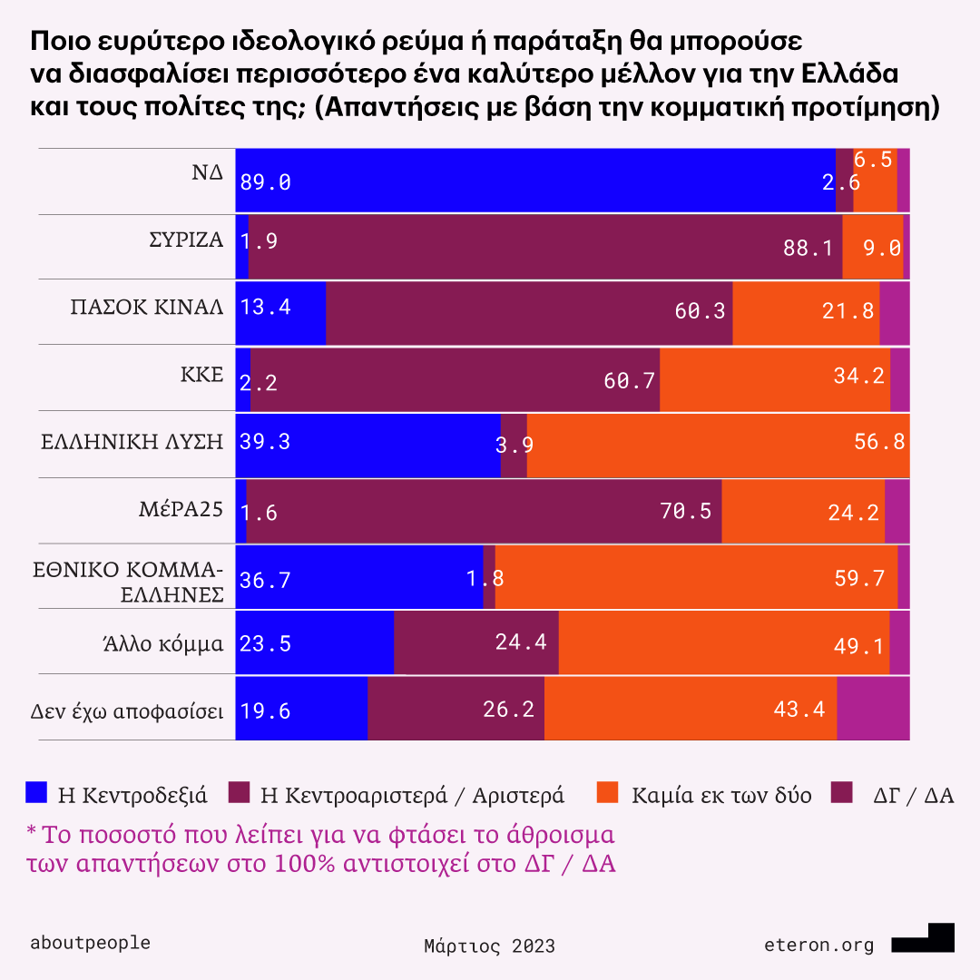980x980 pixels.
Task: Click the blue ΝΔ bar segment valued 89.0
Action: click(535, 181)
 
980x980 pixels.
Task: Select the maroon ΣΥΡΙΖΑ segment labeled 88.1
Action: click(544, 247)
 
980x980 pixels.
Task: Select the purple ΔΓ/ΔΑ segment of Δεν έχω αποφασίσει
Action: click(872, 708)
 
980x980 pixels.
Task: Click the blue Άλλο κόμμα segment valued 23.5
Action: click(314, 642)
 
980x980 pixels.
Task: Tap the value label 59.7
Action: click(859, 578)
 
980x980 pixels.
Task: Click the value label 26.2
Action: click(508, 709)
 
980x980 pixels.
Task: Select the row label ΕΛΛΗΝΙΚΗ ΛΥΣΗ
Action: click(132, 442)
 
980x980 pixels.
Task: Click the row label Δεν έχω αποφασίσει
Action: click(122, 710)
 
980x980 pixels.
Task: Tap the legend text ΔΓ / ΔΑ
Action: click(913, 796)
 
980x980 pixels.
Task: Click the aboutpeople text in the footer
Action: click(90, 942)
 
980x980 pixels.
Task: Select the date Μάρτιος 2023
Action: click(489, 946)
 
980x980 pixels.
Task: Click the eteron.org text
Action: click(818, 946)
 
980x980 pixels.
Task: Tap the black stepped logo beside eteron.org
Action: click(924, 939)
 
